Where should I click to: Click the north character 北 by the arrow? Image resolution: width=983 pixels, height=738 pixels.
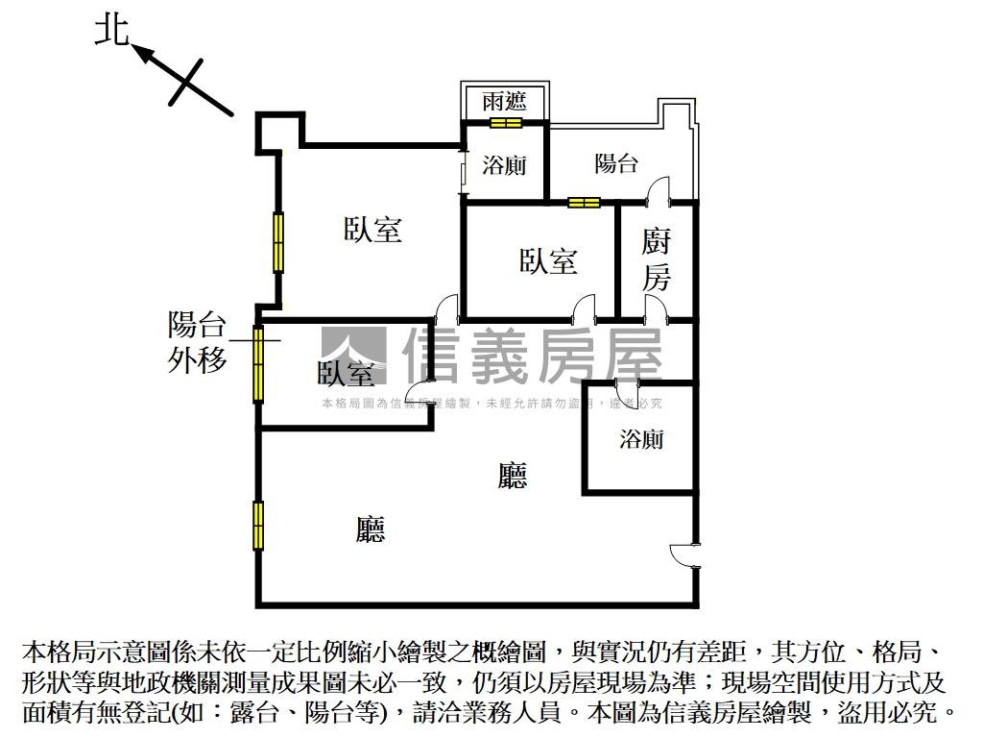[x=111, y=31]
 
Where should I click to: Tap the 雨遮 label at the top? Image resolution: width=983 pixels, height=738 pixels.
[x=505, y=101]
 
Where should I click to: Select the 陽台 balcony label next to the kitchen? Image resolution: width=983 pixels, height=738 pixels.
[x=616, y=163]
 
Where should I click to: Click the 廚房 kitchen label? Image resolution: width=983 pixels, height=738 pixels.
[x=657, y=259]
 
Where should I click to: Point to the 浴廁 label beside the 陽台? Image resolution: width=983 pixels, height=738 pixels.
[x=505, y=165]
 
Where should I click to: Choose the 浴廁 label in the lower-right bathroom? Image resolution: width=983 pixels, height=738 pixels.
[x=641, y=440]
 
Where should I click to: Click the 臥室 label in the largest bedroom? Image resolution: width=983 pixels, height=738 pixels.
[x=372, y=230]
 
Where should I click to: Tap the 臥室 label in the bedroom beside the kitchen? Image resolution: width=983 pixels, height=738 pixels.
[x=548, y=260]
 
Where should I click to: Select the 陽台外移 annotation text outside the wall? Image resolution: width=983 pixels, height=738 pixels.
[x=198, y=342]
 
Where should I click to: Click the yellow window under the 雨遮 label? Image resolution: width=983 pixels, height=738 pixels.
[x=505, y=122]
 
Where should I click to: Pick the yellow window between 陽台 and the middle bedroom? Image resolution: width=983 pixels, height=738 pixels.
[x=583, y=202]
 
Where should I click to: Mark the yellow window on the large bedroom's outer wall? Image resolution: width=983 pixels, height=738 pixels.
[x=278, y=241]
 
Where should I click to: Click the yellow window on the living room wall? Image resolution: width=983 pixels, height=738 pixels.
[x=258, y=525]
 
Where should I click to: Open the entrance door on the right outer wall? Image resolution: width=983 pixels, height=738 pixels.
[x=685, y=556]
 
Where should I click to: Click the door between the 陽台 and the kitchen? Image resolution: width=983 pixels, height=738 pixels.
[x=659, y=191]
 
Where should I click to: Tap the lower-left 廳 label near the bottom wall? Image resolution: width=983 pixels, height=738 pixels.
[x=371, y=529]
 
